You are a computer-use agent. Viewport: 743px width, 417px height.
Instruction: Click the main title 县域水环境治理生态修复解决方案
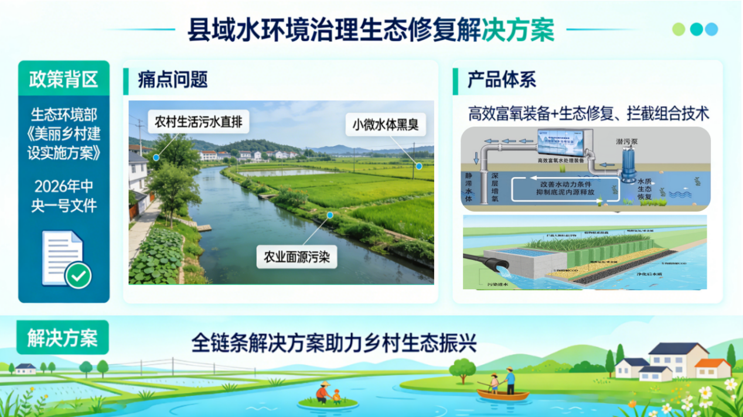pos(370,30)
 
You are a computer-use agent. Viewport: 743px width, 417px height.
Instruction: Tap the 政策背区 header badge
pos(64,79)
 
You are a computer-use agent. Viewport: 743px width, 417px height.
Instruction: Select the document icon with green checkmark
pos(66,259)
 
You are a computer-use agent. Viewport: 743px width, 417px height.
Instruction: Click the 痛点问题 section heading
pos(173,79)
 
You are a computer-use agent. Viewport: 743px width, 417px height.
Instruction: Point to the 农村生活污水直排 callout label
pos(199,123)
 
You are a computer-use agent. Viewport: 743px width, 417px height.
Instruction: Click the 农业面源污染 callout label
pos(296,257)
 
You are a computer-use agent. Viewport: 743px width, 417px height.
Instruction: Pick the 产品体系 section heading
pos(502,79)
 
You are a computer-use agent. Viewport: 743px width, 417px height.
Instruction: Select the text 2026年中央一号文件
pos(63,196)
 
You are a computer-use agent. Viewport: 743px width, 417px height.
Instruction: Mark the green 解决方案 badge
pos(62,338)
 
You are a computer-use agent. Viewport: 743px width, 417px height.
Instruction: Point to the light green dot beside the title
pos(679,29)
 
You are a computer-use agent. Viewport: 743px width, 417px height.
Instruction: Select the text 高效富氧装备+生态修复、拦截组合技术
pos(588,113)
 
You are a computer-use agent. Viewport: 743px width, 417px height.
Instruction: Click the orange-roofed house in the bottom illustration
pos(713,368)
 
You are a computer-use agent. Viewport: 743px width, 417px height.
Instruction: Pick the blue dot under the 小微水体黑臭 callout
pos(419,166)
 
